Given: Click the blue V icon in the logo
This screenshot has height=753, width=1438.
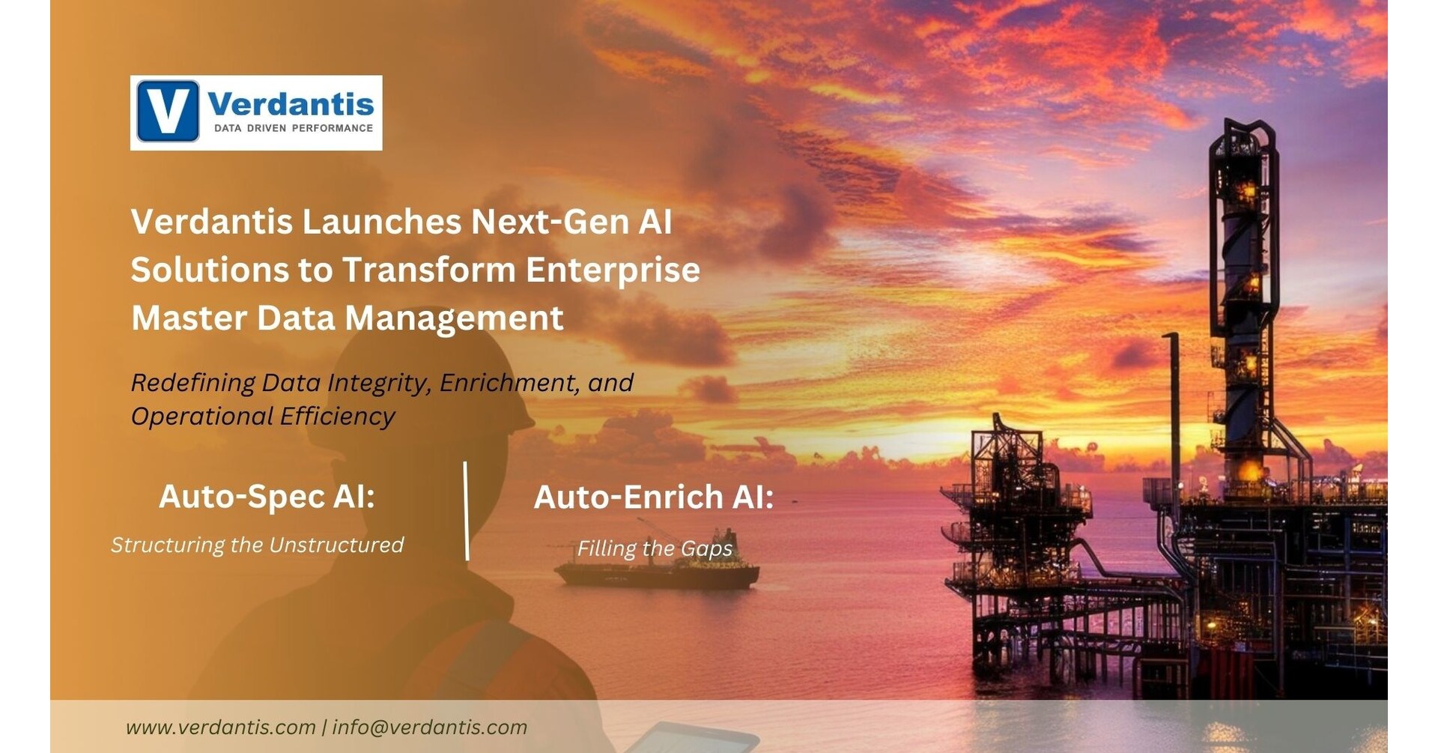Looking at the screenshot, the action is (x=168, y=112).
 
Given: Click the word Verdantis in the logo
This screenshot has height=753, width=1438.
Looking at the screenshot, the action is (x=291, y=103).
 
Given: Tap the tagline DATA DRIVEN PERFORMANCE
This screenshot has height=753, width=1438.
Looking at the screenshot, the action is (x=294, y=128).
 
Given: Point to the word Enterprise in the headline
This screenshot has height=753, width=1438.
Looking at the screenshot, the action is (x=613, y=270).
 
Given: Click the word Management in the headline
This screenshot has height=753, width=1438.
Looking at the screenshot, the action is (x=454, y=318).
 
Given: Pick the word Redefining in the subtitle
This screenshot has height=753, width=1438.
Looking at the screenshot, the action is (x=193, y=384).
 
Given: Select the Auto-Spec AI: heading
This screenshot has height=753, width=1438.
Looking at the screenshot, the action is (x=267, y=497).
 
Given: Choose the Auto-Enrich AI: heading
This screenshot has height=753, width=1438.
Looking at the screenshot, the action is (x=653, y=498).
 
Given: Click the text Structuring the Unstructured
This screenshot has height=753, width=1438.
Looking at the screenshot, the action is (x=258, y=545).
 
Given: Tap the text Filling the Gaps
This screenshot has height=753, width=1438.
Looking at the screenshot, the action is (x=655, y=549).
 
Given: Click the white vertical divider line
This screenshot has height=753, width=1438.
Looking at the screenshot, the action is (x=467, y=511).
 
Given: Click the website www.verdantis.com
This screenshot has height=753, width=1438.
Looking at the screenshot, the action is (x=220, y=728).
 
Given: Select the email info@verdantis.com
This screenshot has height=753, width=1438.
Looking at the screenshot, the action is (x=430, y=728).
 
